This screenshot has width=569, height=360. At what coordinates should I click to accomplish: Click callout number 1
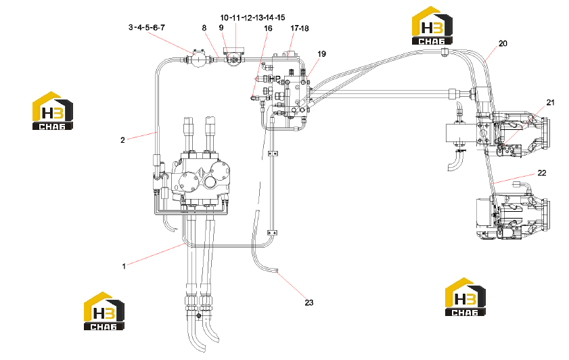point(124,267)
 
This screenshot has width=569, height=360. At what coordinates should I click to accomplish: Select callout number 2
point(122,140)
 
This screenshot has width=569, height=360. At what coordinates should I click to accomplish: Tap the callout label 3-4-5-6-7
point(147,28)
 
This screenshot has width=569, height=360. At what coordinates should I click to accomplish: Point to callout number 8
point(204,28)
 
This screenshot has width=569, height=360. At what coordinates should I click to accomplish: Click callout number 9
point(221,28)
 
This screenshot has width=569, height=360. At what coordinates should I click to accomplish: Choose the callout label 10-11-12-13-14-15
point(252,18)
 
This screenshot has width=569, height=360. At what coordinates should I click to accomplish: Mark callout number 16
point(268,28)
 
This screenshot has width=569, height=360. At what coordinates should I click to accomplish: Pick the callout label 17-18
point(299,28)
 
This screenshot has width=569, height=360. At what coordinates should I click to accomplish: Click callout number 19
point(321,54)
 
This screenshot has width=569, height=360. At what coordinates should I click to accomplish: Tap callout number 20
point(503,43)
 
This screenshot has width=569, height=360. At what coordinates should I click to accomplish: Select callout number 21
point(551,103)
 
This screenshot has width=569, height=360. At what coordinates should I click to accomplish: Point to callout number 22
point(541,173)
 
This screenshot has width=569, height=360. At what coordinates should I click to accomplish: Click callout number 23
point(309,302)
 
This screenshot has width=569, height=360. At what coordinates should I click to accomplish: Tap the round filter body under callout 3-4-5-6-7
point(198,59)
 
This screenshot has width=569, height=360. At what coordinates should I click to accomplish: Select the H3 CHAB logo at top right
point(432,26)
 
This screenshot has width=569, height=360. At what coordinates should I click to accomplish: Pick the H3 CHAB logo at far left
point(53,111)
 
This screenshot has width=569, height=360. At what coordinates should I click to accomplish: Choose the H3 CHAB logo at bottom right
point(465,297)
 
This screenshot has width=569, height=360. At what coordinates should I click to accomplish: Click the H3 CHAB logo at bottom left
point(104,311)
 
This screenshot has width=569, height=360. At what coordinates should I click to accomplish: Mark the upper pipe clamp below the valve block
point(273,154)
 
